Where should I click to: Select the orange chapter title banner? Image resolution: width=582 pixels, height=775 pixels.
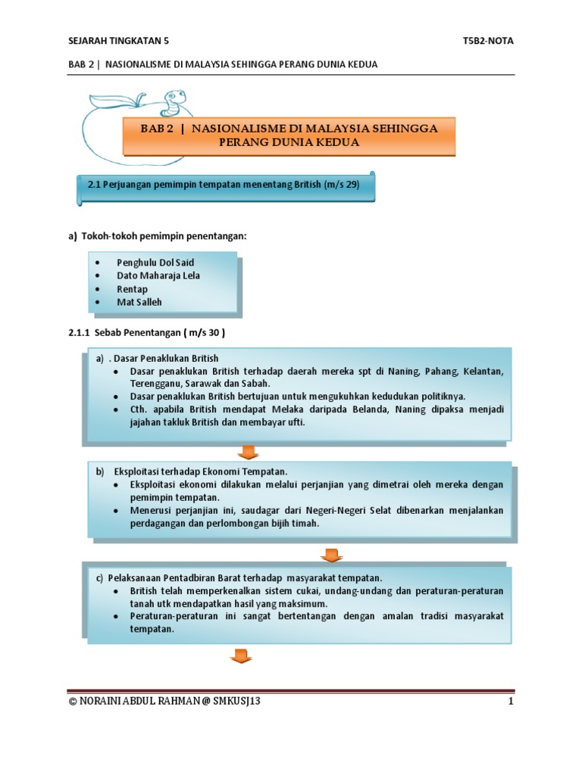pyautogui.click(x=289, y=135)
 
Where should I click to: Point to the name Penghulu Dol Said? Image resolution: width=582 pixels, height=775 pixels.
pyautogui.click(x=155, y=262)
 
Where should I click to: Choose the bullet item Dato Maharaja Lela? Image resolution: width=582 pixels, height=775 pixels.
pyautogui.click(x=158, y=275)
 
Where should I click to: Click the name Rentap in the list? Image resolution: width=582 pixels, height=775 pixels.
pyautogui.click(x=133, y=289)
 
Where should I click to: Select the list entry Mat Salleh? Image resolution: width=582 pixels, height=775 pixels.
pyautogui.click(x=139, y=303)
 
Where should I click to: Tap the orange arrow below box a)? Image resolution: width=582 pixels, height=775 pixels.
pyautogui.click(x=247, y=452)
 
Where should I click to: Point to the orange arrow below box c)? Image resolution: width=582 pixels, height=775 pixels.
pyautogui.click(x=241, y=655)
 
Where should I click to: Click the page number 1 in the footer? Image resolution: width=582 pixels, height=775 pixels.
pyautogui.click(x=512, y=702)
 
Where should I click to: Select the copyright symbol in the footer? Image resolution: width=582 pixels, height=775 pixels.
pyautogui.click(x=73, y=702)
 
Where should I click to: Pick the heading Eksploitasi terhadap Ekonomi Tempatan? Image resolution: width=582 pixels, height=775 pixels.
pyautogui.click(x=201, y=471)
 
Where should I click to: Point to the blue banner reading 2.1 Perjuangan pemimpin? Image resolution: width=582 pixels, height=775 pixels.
pyautogui.click(x=224, y=187)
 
